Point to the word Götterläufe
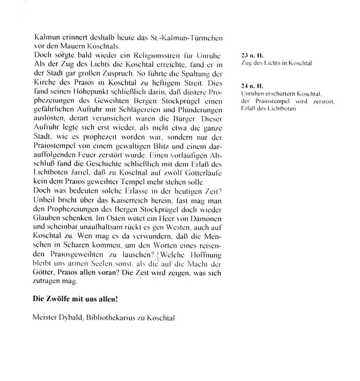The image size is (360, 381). pyautogui.click(x=201, y=176)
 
